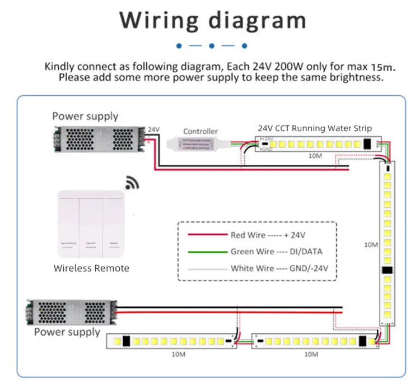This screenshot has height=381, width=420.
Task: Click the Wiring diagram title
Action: [x=213, y=21]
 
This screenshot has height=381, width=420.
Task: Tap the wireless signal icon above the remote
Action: [x=132, y=183]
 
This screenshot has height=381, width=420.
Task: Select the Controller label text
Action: [x=200, y=132]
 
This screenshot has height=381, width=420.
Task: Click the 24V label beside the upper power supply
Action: [x=153, y=129]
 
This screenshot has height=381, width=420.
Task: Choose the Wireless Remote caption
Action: [x=91, y=268]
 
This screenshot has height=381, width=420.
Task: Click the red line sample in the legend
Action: [x=204, y=235]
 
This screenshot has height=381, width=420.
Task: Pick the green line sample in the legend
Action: [x=204, y=252]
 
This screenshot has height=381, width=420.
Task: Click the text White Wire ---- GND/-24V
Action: [x=279, y=268]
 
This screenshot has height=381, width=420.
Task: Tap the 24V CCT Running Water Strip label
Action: [x=315, y=128]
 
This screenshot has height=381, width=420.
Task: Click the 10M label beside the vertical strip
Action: [x=371, y=245]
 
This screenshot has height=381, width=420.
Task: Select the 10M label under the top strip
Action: [x=315, y=155]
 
